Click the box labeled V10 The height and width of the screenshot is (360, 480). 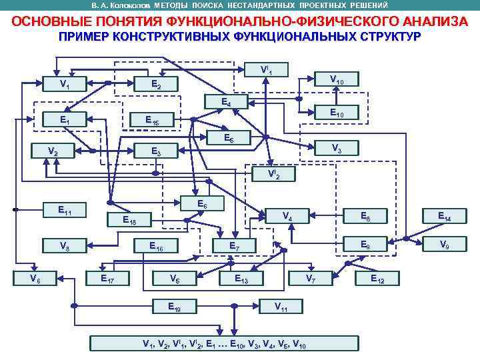[337, 81]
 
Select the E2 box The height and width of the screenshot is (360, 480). [155, 84]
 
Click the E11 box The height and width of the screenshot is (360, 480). [65, 211]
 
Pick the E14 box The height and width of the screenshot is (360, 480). [443, 216]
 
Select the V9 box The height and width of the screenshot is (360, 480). [443, 245]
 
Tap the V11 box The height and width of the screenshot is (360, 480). [281, 307]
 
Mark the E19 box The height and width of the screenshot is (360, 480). [173, 307]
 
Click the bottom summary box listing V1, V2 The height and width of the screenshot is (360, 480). [224, 344]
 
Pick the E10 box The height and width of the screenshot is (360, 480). [337, 114]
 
